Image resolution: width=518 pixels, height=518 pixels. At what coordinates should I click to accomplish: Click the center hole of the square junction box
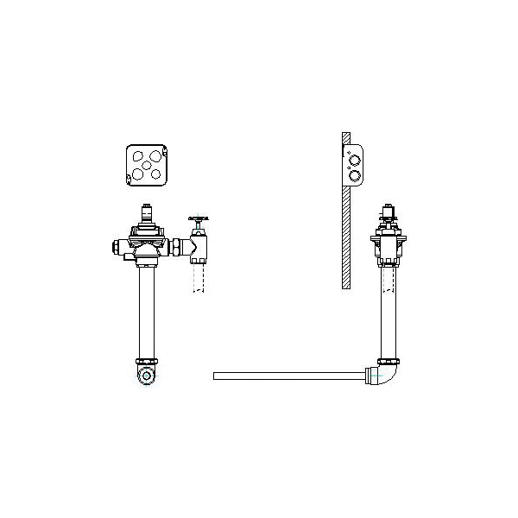[147, 161]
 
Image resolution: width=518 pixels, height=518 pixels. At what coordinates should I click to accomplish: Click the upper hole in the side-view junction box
[353, 158]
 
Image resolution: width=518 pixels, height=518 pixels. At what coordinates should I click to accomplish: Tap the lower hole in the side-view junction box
[353, 175]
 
